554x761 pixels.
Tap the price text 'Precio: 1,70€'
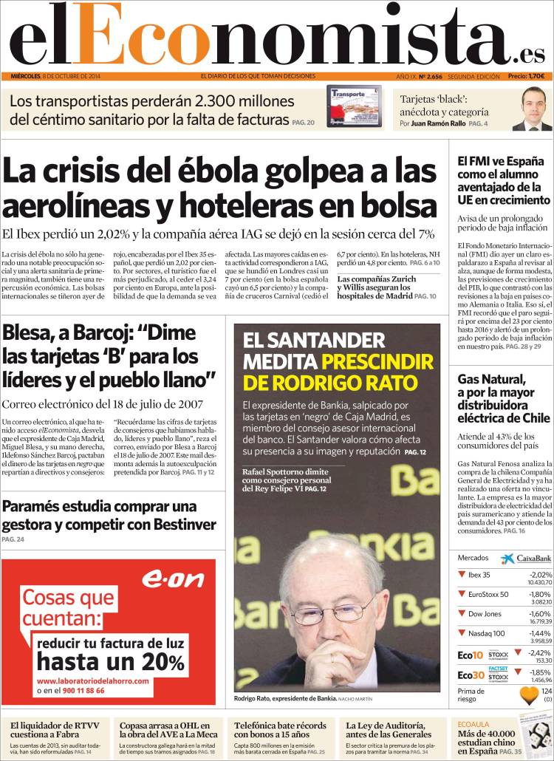coord(526,76)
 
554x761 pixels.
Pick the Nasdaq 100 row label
coord(488,633)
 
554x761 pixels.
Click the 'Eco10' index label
coord(471,655)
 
